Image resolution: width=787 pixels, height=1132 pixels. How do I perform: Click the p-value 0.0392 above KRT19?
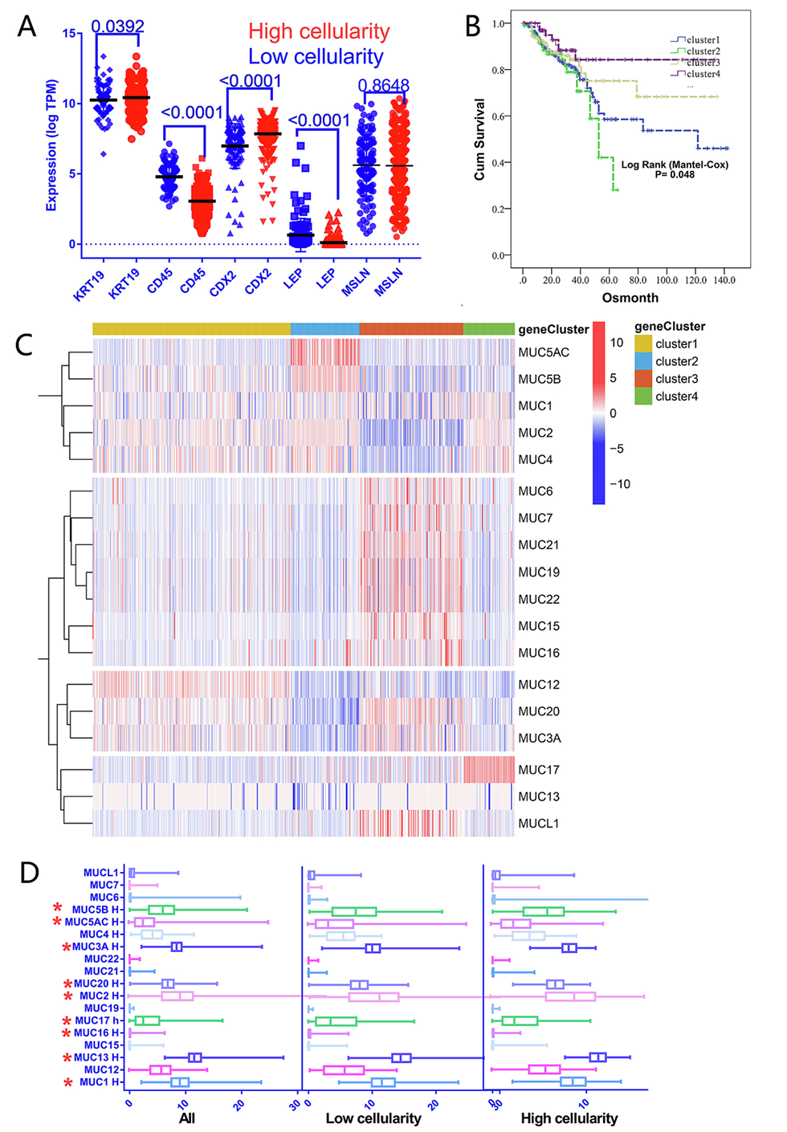pyautogui.click(x=117, y=26)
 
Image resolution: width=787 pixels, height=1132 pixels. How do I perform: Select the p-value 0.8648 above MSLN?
pyautogui.click(x=383, y=85)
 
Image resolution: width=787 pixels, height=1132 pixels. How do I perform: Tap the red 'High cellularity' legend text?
pyautogui.click(x=319, y=32)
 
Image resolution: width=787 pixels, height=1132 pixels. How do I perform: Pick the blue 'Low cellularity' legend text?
pyautogui.click(x=316, y=57)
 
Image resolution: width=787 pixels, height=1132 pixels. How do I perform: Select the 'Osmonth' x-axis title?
pyautogui.click(x=630, y=298)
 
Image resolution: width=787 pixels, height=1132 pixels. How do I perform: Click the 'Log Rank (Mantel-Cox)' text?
pyautogui.click(x=675, y=165)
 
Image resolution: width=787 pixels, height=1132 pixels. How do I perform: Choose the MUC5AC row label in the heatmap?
pyautogui.click(x=544, y=352)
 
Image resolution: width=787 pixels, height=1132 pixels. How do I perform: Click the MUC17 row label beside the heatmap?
pyautogui.click(x=539, y=770)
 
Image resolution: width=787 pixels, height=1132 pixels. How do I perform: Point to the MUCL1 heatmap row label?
pyautogui.click(x=539, y=824)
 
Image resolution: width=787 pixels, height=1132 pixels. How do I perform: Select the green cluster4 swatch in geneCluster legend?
pyautogui.click(x=643, y=396)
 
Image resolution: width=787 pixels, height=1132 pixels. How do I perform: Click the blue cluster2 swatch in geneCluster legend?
pyautogui.click(x=643, y=361)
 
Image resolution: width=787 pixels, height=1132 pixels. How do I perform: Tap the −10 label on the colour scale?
pyautogui.click(x=619, y=484)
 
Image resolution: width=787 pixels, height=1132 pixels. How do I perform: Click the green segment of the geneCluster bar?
pyautogui.click(x=488, y=329)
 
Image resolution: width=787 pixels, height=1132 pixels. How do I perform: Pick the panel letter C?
pyautogui.click(x=25, y=345)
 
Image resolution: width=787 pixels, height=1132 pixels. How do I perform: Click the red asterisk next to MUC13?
pyautogui.click(x=67, y=1058)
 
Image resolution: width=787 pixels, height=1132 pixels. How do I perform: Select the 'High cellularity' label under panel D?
pyautogui.click(x=569, y=1118)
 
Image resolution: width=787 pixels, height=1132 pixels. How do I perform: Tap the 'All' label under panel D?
pyautogui.click(x=186, y=1118)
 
